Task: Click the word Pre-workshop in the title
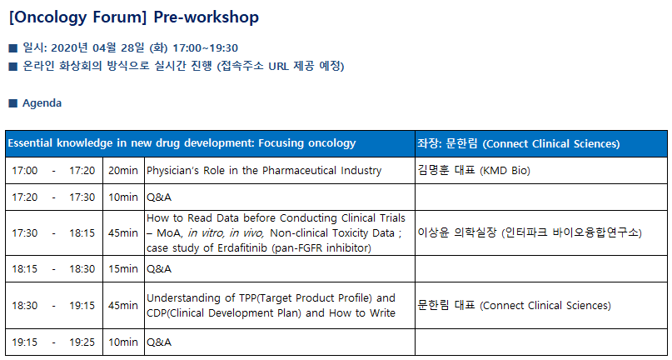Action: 207,17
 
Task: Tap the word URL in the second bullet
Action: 279,67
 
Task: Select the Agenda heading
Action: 42,103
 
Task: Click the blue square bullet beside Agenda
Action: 13,103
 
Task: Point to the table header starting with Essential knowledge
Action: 182,143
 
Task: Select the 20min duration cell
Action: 123,171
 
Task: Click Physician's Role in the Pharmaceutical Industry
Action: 264,171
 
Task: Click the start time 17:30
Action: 24,233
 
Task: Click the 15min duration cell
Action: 123,269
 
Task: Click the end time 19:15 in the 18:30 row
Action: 82,306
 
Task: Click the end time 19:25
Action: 82,342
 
